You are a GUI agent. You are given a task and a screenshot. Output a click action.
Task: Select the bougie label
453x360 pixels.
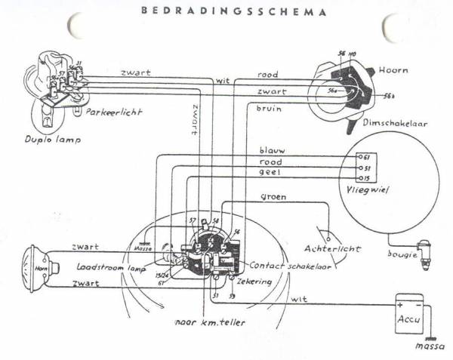[x=403, y=255]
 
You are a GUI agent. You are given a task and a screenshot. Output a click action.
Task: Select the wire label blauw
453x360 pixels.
[x=271, y=149]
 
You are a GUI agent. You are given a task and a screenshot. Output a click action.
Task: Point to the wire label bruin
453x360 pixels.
[x=268, y=109]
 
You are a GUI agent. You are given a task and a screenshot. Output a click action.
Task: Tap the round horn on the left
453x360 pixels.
[x=39, y=267]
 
